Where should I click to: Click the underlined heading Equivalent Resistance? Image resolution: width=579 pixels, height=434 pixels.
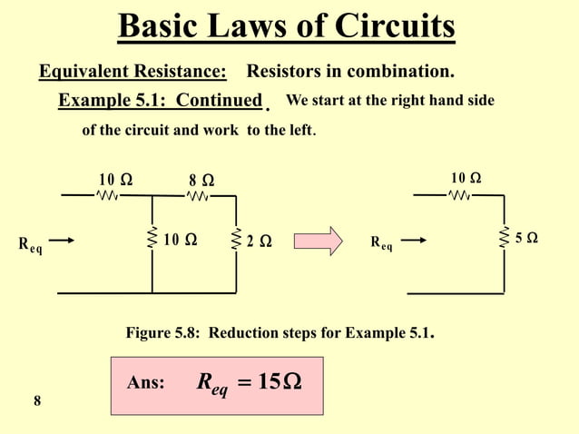(x=132, y=71)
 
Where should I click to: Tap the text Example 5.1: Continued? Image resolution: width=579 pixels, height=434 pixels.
(x=161, y=100)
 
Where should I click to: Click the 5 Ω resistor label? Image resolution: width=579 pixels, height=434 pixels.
(x=526, y=238)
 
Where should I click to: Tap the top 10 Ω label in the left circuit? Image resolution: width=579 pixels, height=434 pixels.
(x=115, y=179)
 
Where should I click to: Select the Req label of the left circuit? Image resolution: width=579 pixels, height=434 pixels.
(x=30, y=243)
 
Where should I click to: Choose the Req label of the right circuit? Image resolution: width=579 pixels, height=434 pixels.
(x=381, y=243)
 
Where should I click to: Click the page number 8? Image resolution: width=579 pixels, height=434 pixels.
(x=36, y=401)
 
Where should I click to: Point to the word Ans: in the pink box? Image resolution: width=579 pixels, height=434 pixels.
(x=146, y=384)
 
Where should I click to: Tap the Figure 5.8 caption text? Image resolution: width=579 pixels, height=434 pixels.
(x=280, y=333)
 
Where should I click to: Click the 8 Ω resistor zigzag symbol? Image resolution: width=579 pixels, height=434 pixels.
(x=198, y=195)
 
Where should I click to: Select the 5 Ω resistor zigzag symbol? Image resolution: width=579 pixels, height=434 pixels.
(x=504, y=238)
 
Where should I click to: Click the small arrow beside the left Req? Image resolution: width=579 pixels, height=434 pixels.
(x=64, y=242)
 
